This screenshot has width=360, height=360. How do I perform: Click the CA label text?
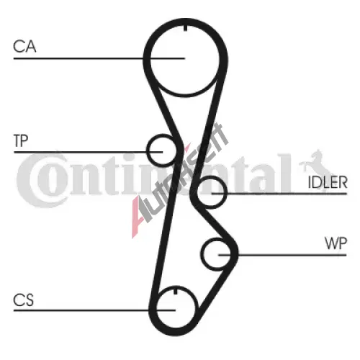(x=24, y=46)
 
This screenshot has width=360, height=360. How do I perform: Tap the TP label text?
(x=21, y=140)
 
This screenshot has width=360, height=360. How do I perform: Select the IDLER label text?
(x=328, y=182)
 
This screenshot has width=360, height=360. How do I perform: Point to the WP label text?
(x=336, y=243)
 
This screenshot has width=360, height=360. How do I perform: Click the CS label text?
(x=23, y=300)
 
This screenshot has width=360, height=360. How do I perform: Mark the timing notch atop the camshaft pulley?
(x=185, y=28)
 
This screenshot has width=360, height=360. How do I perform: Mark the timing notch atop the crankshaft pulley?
(x=176, y=290)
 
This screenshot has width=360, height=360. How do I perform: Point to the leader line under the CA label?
(x=99, y=58)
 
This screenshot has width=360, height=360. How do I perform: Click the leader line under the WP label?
(x=282, y=255)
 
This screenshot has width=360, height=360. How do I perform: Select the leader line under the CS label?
(x=94, y=310)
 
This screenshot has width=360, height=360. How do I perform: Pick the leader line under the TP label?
(x=89, y=152)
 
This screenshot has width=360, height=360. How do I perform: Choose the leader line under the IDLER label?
(x=279, y=194)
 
